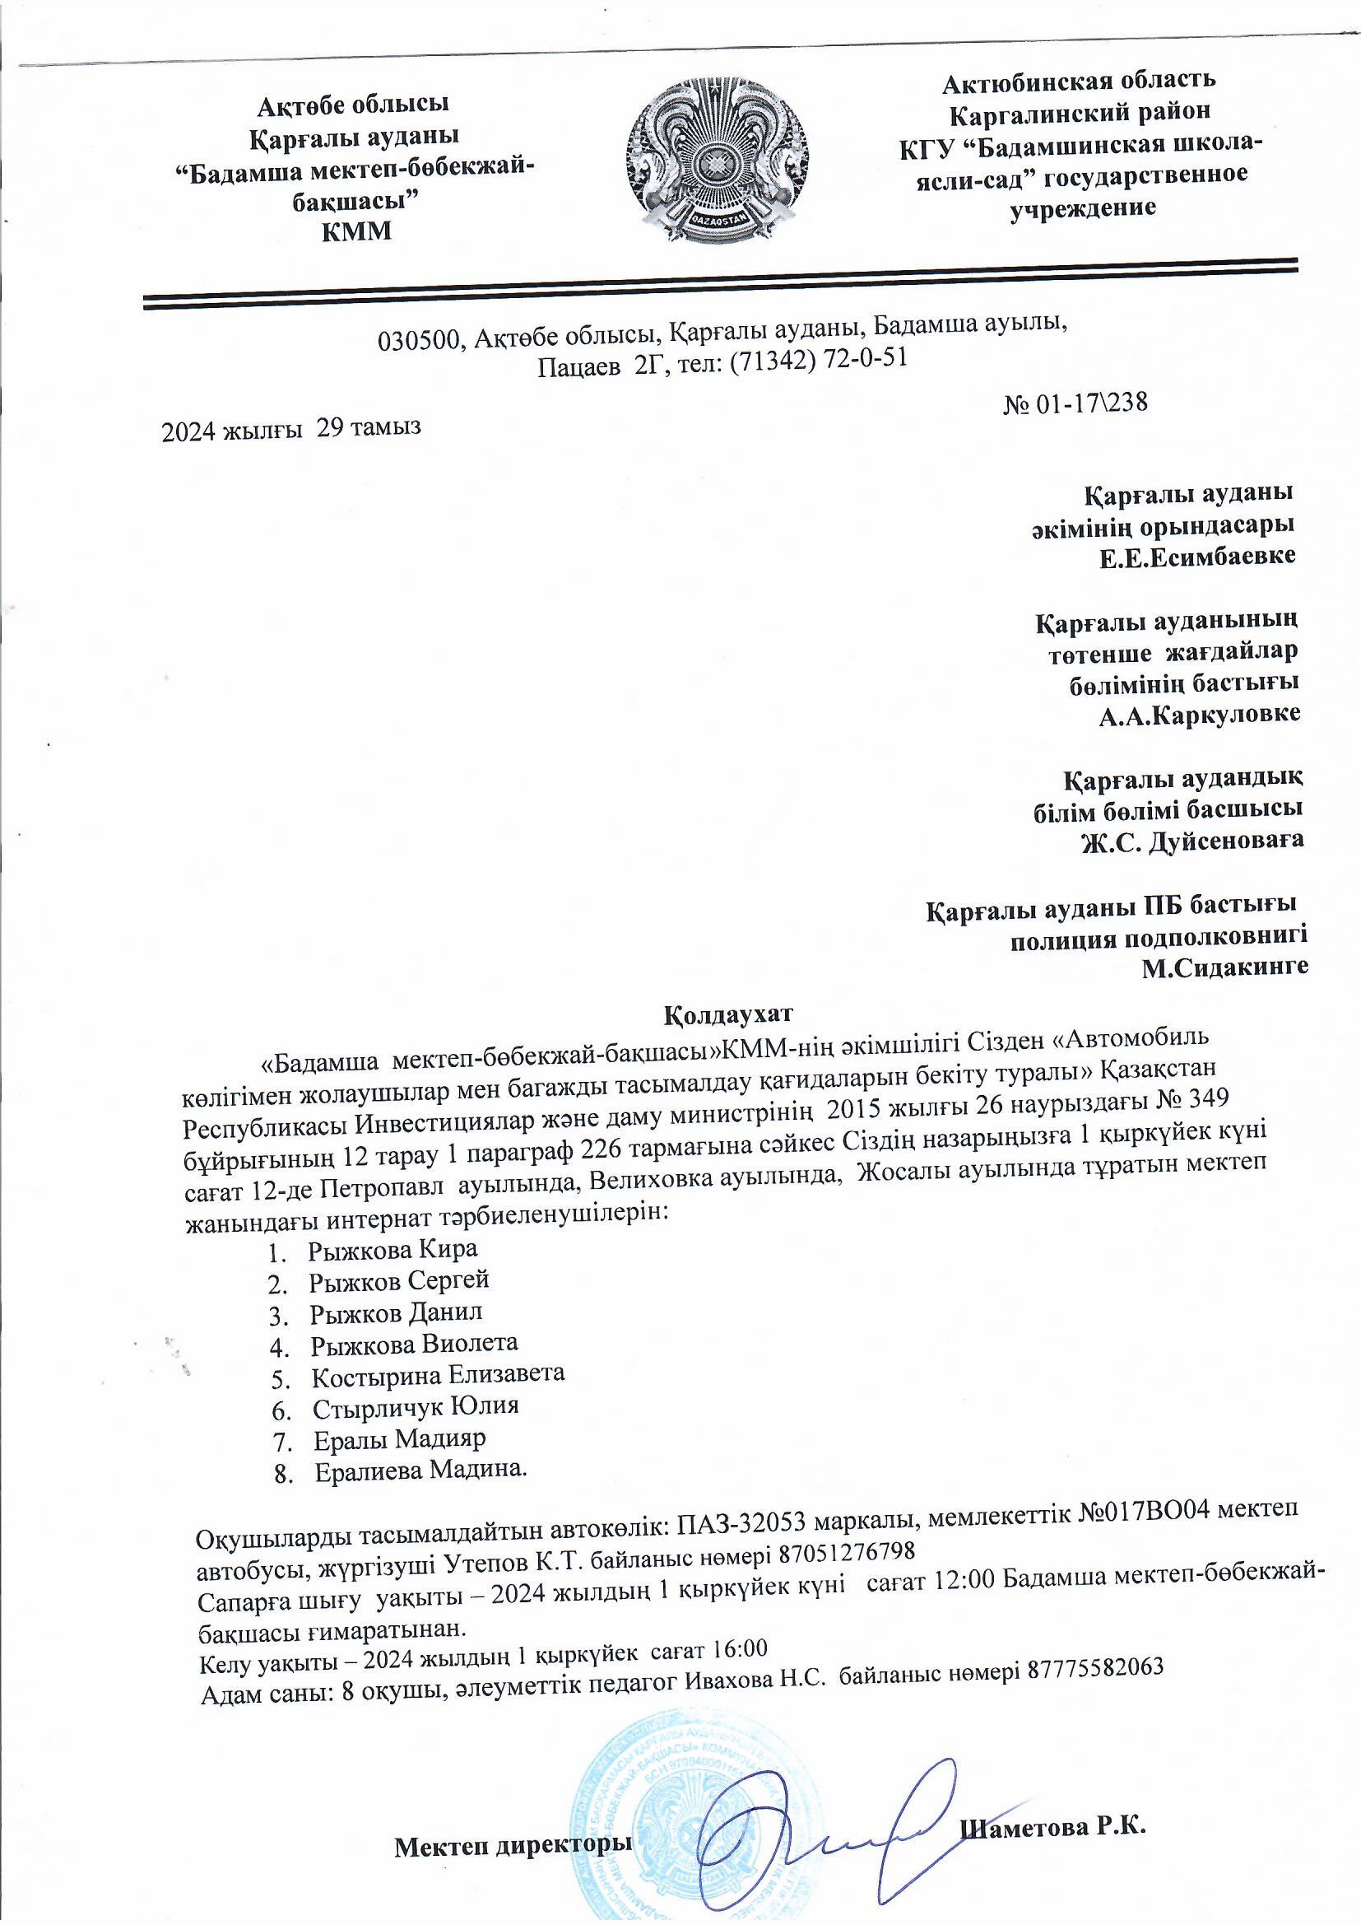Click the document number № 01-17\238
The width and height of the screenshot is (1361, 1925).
coord(1075,403)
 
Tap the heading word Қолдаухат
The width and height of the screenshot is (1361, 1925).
coord(727,1014)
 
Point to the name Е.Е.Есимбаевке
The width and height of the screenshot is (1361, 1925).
coord(1197,556)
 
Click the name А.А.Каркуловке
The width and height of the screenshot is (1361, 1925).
coord(1199,715)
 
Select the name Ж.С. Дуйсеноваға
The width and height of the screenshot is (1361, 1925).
coord(1192,841)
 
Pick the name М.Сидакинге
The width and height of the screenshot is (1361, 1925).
coord(1224,967)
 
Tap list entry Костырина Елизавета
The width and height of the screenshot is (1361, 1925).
coord(439,1375)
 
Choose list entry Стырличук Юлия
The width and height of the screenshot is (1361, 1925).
coord(416,1406)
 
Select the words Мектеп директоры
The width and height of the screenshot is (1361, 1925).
coord(513,1839)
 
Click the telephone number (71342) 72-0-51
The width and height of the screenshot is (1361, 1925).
coord(819,360)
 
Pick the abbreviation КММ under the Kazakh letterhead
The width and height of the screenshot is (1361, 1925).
coord(356,231)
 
